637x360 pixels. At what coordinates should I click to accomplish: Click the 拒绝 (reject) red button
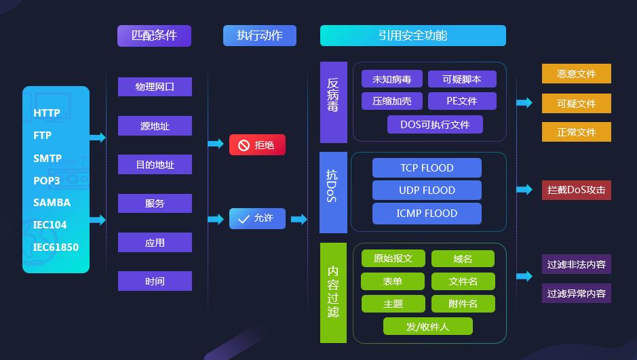click(x=257, y=145)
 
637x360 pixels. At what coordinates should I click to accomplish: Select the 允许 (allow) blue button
click(x=257, y=218)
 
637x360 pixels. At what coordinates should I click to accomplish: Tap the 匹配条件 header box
click(x=154, y=36)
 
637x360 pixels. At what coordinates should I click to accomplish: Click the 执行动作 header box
click(x=260, y=36)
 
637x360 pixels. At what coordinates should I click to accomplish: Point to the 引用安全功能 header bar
click(x=412, y=36)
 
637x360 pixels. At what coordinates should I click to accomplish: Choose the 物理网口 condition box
click(x=155, y=87)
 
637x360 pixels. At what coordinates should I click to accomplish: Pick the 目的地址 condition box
click(x=155, y=165)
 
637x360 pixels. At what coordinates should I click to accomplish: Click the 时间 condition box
click(x=155, y=281)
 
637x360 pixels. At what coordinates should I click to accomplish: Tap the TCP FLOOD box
click(x=427, y=168)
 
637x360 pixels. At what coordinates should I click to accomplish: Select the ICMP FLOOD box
click(x=427, y=214)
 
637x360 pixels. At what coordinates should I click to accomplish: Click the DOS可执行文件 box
click(x=435, y=125)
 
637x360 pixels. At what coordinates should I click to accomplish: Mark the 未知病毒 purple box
click(x=391, y=79)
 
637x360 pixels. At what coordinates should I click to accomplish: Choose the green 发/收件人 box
click(x=427, y=327)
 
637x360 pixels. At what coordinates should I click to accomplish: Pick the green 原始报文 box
click(x=393, y=258)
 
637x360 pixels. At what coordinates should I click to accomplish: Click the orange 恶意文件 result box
click(x=576, y=74)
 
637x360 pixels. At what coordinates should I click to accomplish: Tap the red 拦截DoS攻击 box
click(x=576, y=190)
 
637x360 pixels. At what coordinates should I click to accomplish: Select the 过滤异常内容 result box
click(x=576, y=294)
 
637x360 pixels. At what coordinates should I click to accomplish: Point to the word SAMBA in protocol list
click(x=52, y=203)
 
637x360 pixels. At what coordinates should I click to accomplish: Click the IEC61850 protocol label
click(x=56, y=247)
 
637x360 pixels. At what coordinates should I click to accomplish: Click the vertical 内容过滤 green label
click(x=333, y=292)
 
